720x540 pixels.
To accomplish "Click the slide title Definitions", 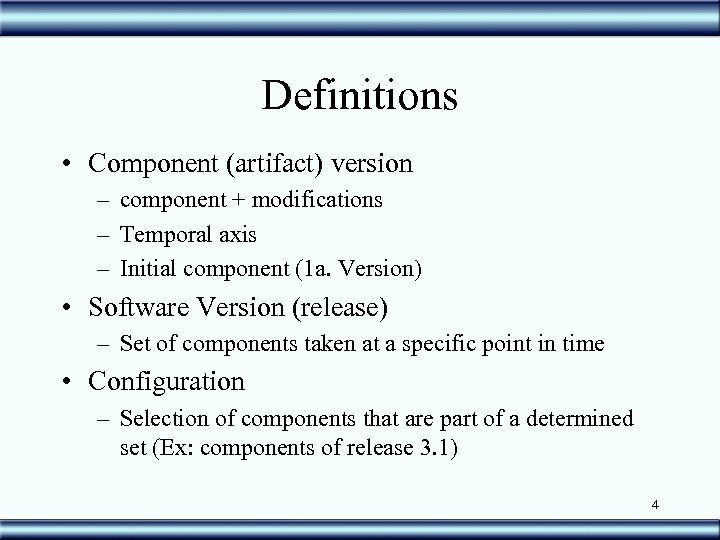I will [x=360, y=96].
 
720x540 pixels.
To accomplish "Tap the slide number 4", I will [x=654, y=505].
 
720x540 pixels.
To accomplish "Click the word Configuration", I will [x=166, y=381].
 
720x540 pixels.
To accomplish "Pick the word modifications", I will [x=318, y=200].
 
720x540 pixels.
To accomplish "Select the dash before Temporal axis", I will [x=104, y=236].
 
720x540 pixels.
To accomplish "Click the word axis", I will [x=235, y=235].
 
